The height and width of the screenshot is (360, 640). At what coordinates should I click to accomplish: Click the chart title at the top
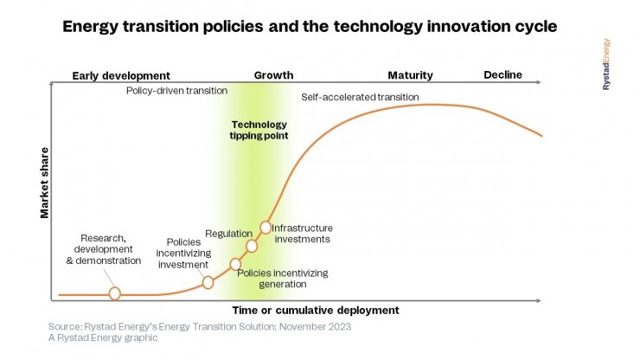tap(309, 27)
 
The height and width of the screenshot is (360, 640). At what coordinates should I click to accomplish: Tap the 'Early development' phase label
tap(121, 75)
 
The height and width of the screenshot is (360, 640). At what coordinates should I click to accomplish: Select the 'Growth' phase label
tap(273, 75)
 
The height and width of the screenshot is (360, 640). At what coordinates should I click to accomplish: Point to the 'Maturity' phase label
tap(410, 75)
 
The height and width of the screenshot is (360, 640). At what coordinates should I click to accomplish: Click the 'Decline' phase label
tap(502, 74)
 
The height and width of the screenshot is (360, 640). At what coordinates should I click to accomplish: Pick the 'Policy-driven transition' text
tap(177, 90)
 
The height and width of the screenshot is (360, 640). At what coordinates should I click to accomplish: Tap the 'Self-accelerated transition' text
tap(360, 97)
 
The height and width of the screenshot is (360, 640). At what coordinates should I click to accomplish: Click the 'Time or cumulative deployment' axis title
tap(317, 310)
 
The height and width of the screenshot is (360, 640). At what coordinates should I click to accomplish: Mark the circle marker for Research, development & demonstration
tap(114, 294)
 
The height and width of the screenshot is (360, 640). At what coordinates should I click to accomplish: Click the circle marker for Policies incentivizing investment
tap(208, 282)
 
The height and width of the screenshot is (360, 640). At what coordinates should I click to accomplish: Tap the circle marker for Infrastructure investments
tap(266, 228)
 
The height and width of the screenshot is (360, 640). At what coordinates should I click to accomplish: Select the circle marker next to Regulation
tap(252, 246)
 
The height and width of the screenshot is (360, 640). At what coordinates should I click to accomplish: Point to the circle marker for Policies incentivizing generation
tap(235, 264)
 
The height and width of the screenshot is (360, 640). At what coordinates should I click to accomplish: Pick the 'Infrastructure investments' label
tap(302, 234)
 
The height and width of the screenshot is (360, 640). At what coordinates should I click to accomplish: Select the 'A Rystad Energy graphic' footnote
tap(103, 338)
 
